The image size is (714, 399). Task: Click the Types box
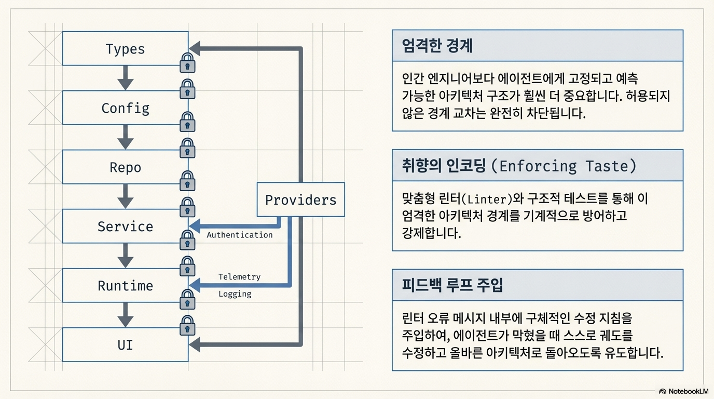point(125,49)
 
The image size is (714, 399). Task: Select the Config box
point(125,108)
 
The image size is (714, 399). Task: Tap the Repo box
point(125,167)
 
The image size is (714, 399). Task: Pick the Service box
point(125,227)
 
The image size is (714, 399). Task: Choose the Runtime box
point(125,286)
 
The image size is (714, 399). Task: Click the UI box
point(125,345)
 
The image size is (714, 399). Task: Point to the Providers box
point(300,199)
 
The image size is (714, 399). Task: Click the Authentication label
point(239,235)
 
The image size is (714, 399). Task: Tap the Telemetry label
point(239,277)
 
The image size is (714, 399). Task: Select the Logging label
point(235,294)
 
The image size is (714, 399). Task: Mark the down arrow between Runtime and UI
point(125,315)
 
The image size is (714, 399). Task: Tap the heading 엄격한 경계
point(437,46)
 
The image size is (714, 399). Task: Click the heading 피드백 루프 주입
point(452,285)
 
